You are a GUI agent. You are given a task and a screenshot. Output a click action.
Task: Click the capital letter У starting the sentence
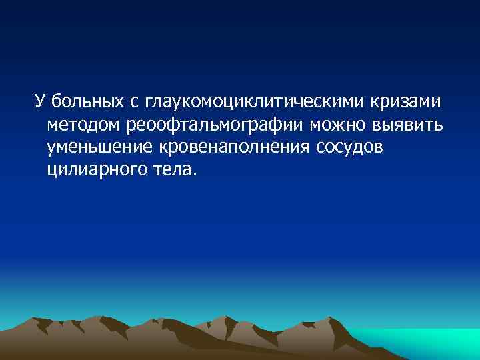point(39,102)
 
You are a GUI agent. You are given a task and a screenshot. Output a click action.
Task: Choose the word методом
point(87,125)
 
